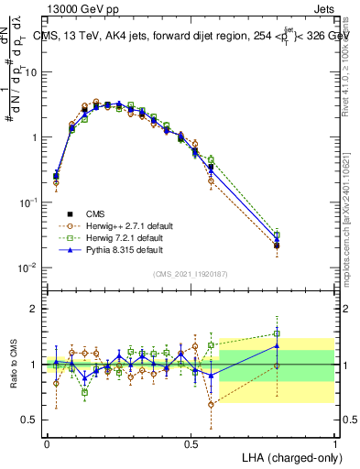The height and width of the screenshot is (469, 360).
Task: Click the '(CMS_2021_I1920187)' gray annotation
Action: pyautogui.click(x=190, y=273)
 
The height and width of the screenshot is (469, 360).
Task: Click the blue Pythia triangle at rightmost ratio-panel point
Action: pyautogui.click(x=278, y=345)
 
